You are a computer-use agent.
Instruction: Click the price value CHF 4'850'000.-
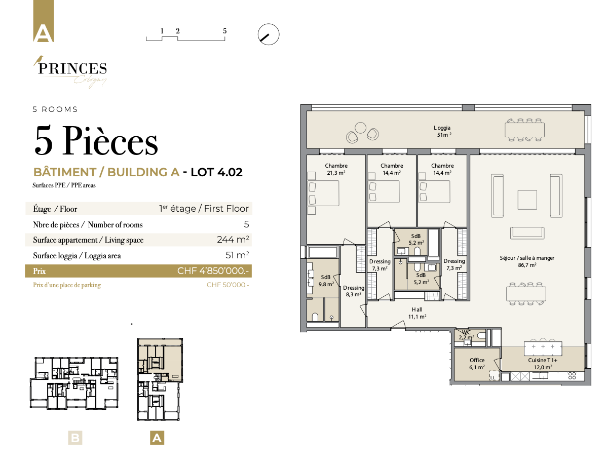(213, 271)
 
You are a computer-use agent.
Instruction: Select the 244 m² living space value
(233, 240)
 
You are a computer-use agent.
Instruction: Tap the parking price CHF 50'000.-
(228, 285)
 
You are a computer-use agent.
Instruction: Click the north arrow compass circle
(268, 34)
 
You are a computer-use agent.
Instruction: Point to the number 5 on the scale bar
(224, 31)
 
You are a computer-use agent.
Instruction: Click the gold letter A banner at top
(43, 21)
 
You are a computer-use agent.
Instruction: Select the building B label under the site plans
(75, 438)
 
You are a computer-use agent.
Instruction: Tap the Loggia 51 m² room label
(442, 131)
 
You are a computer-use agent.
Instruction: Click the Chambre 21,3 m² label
(336, 169)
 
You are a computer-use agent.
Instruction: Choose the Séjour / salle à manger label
(527, 261)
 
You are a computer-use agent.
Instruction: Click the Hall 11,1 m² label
(418, 313)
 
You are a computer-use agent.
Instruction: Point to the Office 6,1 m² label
(477, 364)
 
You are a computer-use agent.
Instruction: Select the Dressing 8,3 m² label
(354, 291)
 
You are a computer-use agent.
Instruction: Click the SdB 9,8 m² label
(326, 281)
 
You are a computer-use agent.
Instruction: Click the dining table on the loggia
(524, 130)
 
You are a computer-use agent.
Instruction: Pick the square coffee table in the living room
(527, 200)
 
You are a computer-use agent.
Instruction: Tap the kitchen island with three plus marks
(543, 348)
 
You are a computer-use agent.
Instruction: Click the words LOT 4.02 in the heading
(216, 172)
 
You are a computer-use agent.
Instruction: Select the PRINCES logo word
(72, 68)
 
